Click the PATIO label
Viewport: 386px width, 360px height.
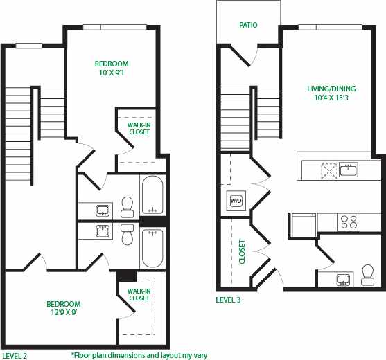coord(248,25)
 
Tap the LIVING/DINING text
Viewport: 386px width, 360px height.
coord(331,89)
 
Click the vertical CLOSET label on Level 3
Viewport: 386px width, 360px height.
coord(242,252)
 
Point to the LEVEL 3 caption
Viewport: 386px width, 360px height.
coord(228,300)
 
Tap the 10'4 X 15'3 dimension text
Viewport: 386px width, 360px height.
coord(331,98)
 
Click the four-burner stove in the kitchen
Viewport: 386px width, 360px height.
coord(348,222)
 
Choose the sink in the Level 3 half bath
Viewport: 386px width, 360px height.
coord(343,280)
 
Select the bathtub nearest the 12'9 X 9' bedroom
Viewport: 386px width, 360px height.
coord(152,247)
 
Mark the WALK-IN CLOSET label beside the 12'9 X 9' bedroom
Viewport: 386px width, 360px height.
coord(139,294)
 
